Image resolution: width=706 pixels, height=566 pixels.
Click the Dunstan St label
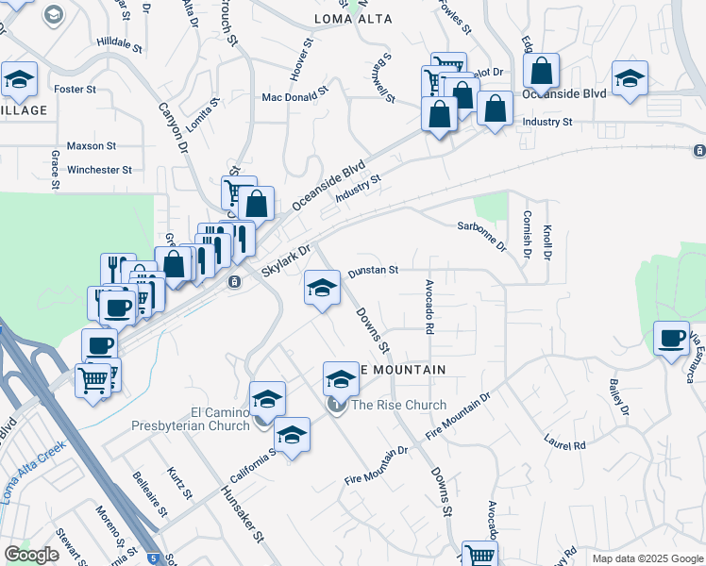coord(373,271)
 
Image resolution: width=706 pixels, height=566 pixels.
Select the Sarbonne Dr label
coord(482,239)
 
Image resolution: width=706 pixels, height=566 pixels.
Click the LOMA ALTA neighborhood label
coord(352,18)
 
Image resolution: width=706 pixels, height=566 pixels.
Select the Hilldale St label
coord(119,44)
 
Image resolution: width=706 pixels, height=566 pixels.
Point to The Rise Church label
coord(399,406)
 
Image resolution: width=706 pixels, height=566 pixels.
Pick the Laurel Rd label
coord(564,441)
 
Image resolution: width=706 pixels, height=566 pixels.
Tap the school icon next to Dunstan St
coord(322,287)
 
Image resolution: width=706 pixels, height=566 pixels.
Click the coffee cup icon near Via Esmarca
coord(672,339)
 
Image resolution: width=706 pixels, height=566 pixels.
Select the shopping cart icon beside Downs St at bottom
coord(479,555)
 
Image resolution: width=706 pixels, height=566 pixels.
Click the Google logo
coord(32,555)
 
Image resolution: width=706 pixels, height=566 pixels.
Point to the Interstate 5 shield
coord(153,558)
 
